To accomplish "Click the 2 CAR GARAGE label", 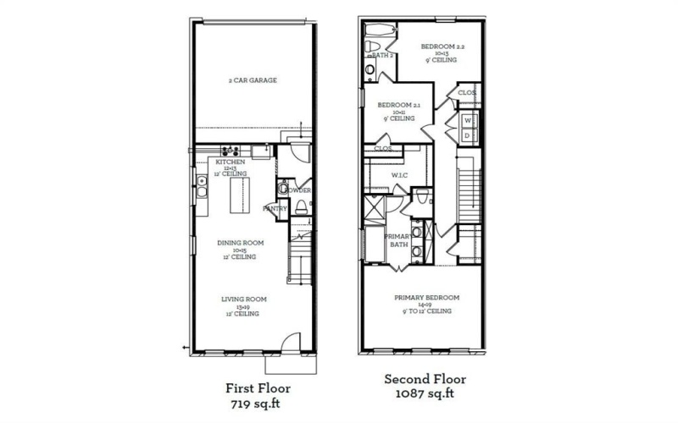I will pyautogui.click(x=253, y=80).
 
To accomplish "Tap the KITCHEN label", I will pyautogui.click(x=231, y=161).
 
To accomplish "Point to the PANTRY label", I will pyautogui.click(x=275, y=208).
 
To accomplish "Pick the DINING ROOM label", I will pyautogui.click(x=240, y=243).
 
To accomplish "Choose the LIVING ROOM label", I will pyautogui.click(x=245, y=299).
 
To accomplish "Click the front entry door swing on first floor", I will pyautogui.click(x=289, y=343).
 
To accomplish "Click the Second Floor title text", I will pyautogui.click(x=425, y=379).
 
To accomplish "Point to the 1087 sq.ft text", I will pyautogui.click(x=425, y=394).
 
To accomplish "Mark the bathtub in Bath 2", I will pyautogui.click(x=379, y=35).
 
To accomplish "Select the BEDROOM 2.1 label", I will pyautogui.click(x=398, y=106).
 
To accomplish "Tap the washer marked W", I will pyautogui.click(x=467, y=121).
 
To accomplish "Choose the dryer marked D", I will pyautogui.click(x=467, y=135).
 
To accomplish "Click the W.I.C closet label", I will pyautogui.click(x=400, y=175).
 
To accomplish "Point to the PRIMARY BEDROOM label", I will pyautogui.click(x=426, y=298).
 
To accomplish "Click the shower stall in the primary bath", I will pyautogui.click(x=374, y=206).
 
